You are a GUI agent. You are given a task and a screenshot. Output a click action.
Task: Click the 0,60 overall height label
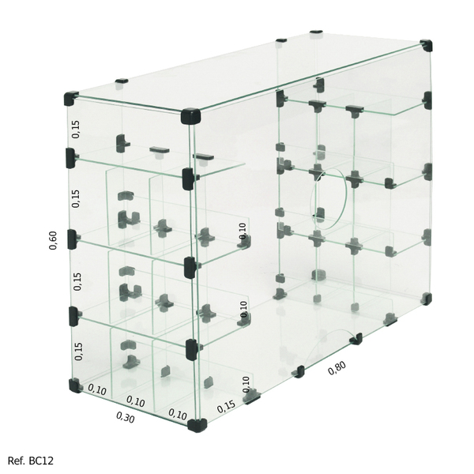[x=53, y=240]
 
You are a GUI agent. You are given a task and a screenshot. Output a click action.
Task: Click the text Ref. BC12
[x=31, y=460]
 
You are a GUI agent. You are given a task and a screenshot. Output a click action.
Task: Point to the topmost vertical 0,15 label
[x=76, y=130]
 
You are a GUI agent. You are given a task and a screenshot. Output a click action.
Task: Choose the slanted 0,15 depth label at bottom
[x=226, y=406]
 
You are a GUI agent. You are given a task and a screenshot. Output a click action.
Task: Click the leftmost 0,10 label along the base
[x=97, y=389]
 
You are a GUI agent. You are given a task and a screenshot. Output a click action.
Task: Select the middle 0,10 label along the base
[x=137, y=402]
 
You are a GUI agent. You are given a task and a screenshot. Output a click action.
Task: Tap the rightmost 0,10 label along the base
[x=177, y=414]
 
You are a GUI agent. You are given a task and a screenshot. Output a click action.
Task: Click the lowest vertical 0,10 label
[x=245, y=384]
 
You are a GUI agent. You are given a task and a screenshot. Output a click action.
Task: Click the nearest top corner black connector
[x=192, y=115]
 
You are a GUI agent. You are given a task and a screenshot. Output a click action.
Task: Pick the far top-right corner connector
[x=427, y=45]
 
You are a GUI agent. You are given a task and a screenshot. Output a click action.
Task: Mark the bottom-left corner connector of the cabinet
[x=74, y=386]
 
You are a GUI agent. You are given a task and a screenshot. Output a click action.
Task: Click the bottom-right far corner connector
[x=427, y=299]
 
